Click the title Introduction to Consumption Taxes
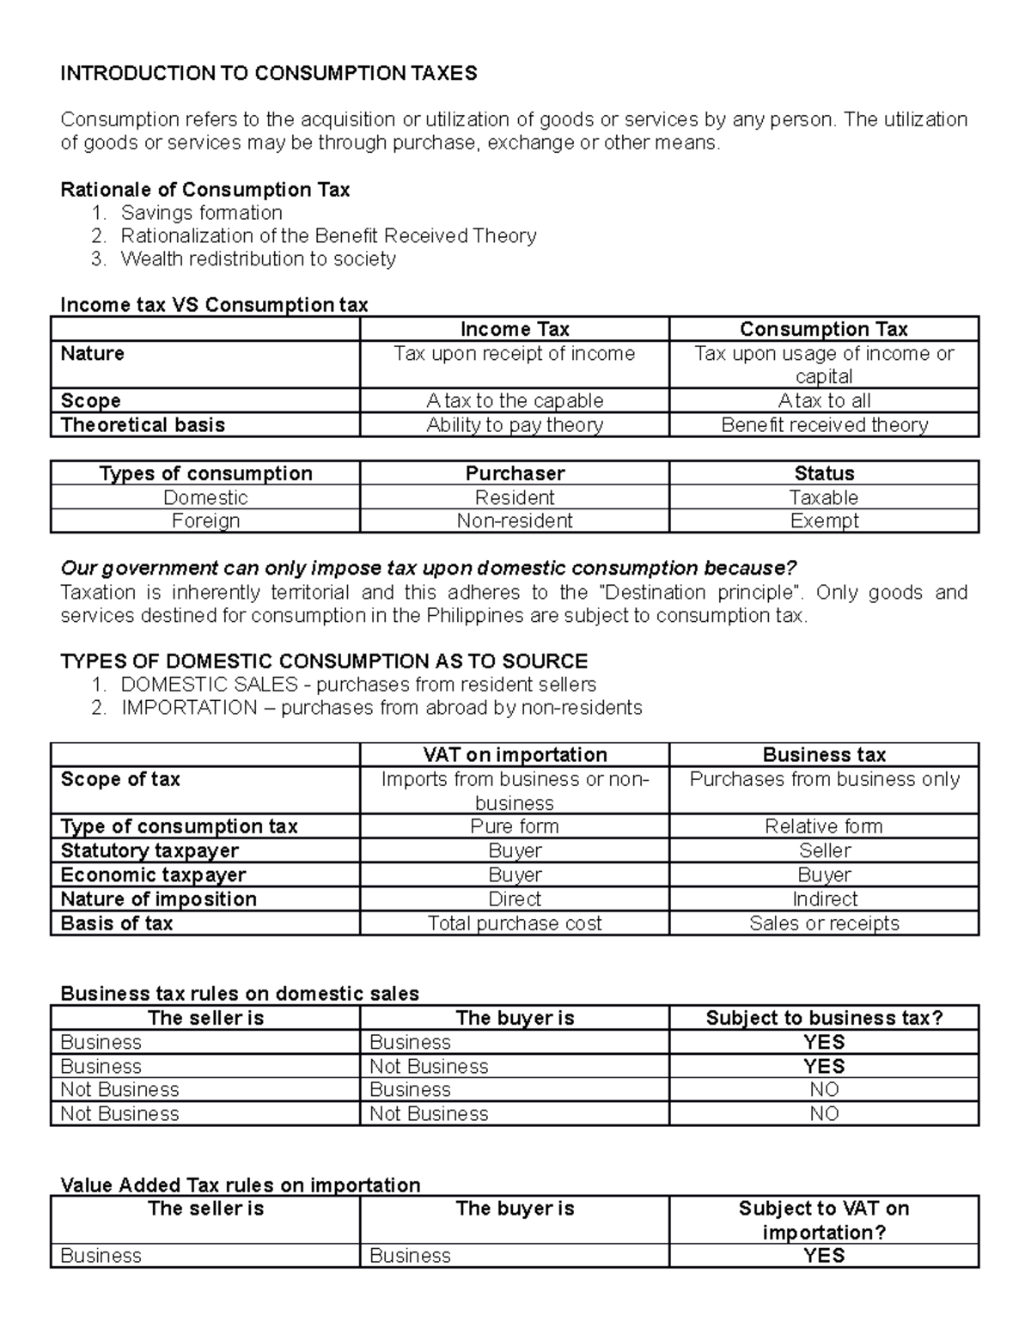(x=268, y=73)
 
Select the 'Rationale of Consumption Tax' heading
(x=204, y=189)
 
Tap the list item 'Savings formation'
(x=201, y=212)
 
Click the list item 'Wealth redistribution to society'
(x=258, y=259)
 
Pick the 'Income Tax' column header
(x=514, y=329)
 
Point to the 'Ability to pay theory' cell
(x=514, y=424)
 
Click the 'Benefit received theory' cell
(x=823, y=424)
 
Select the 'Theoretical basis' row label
(x=143, y=424)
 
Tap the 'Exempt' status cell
(x=823, y=521)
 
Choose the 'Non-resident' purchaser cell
(x=514, y=521)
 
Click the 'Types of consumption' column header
(x=205, y=473)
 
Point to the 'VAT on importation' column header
(x=514, y=754)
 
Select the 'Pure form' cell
(x=514, y=825)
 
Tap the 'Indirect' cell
(x=823, y=898)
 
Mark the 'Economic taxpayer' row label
(x=153, y=874)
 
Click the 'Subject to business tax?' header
(x=823, y=1018)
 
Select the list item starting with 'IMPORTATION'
(x=381, y=707)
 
